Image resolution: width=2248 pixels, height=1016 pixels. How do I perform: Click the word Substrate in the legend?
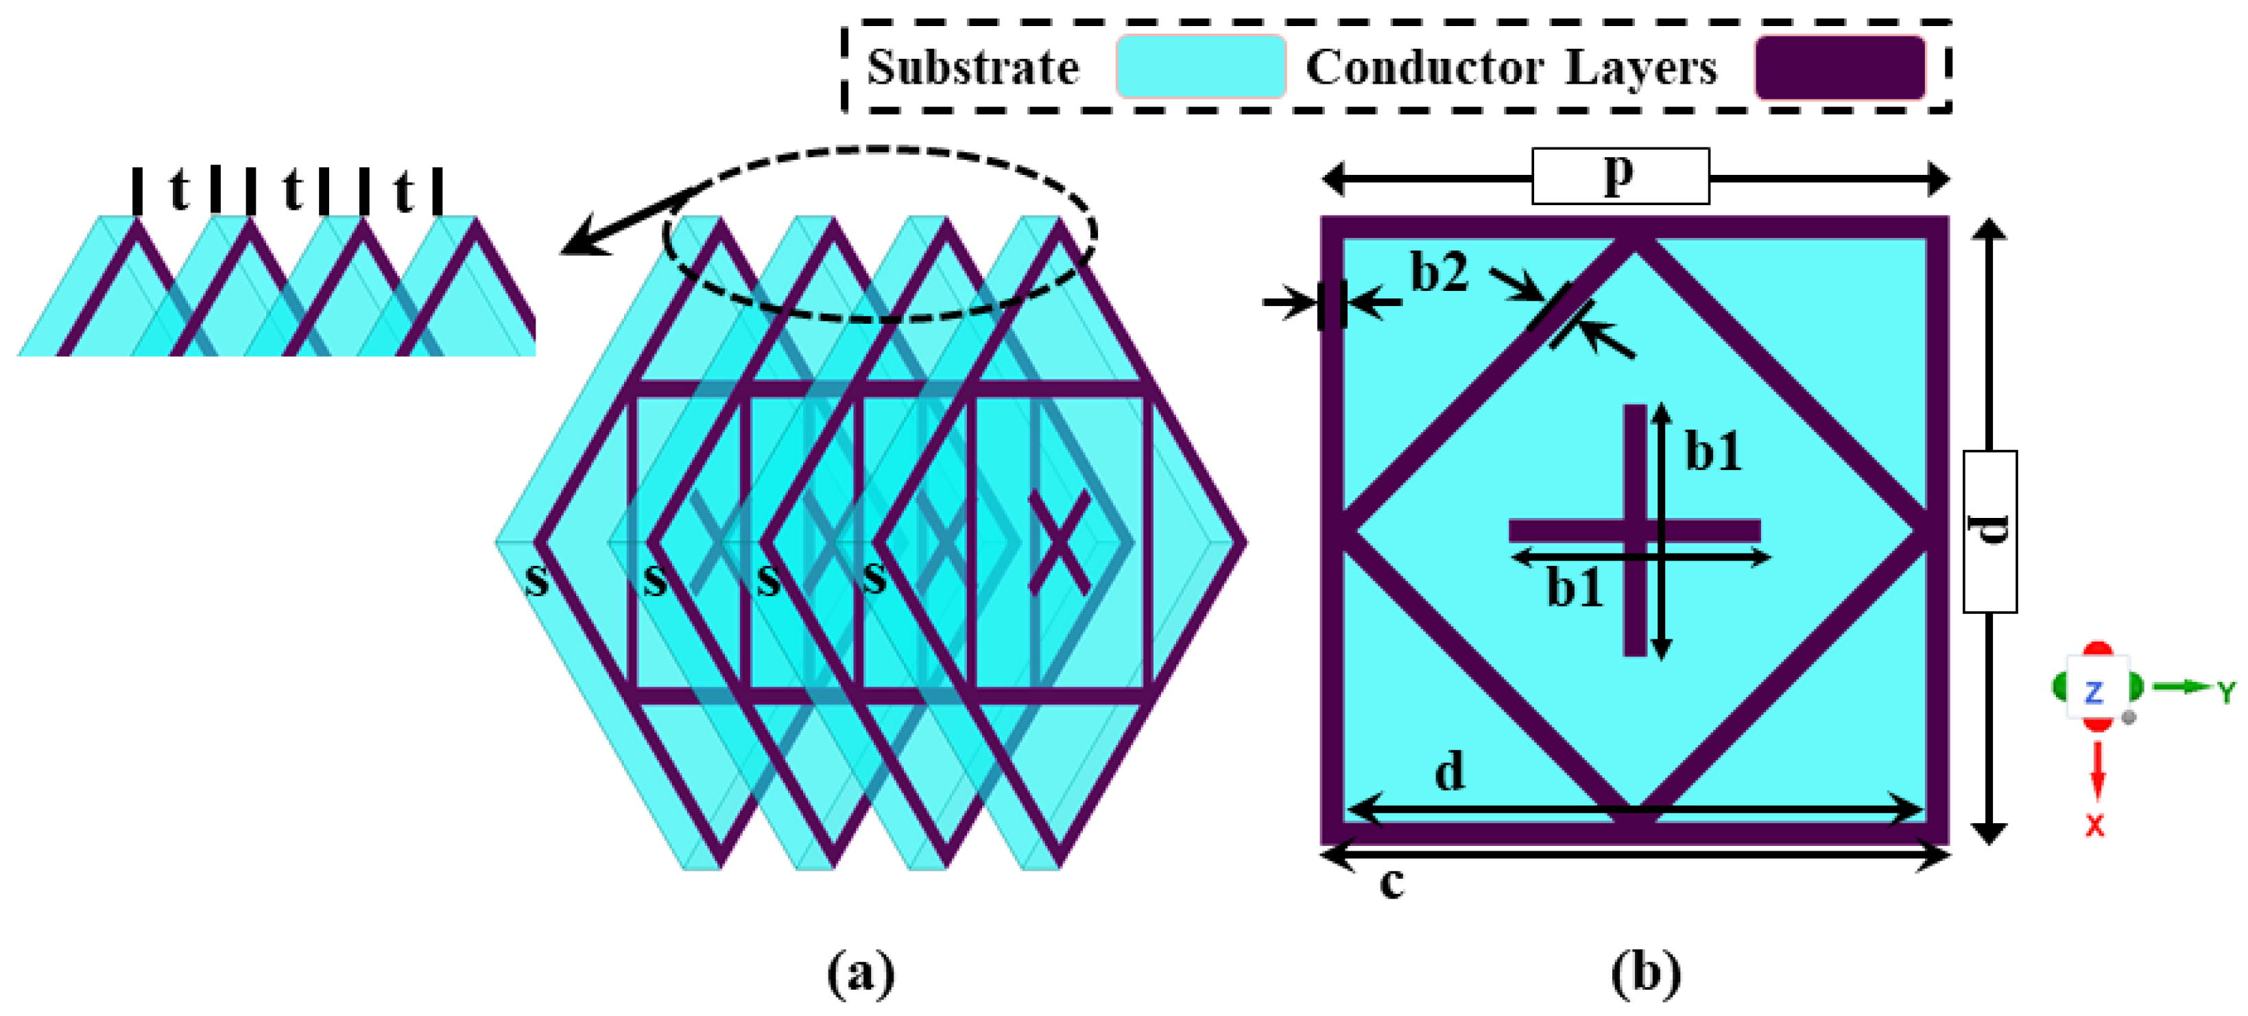(972, 67)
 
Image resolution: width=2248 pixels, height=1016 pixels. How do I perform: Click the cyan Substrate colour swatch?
(1201, 67)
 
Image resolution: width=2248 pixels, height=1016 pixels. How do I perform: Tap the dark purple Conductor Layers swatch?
(1839, 67)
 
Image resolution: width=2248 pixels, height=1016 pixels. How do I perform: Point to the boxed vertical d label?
(1989, 531)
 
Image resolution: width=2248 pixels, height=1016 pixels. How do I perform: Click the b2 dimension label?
(1439, 272)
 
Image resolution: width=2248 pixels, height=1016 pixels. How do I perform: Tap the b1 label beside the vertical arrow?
(1713, 451)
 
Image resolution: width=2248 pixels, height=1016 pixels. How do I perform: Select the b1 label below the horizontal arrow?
(1575, 587)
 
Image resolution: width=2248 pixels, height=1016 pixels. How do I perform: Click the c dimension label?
(1392, 884)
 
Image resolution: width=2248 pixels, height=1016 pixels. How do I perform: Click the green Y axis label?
(2226, 692)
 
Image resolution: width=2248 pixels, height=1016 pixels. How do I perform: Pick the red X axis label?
(2095, 824)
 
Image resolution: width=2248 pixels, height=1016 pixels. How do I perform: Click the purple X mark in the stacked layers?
(1059, 542)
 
